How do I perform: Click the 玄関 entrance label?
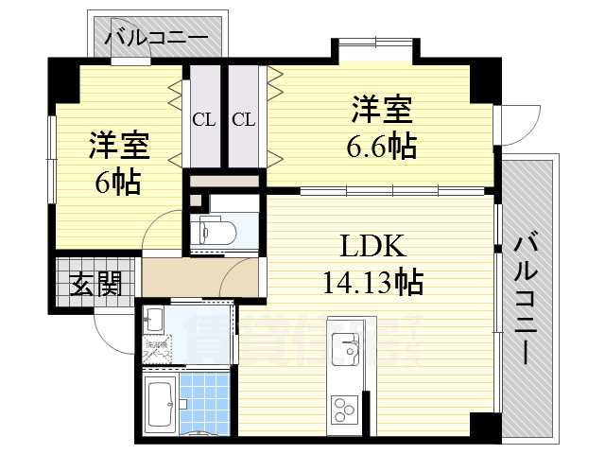click(x=95, y=284)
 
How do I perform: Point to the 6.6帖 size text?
click(x=382, y=147)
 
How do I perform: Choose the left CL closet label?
click(x=203, y=119)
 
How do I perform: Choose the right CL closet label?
click(x=243, y=119)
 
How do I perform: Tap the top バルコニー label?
click(x=157, y=40)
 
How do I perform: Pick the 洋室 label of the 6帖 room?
click(x=119, y=147)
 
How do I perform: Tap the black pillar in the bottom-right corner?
click(x=484, y=426)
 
